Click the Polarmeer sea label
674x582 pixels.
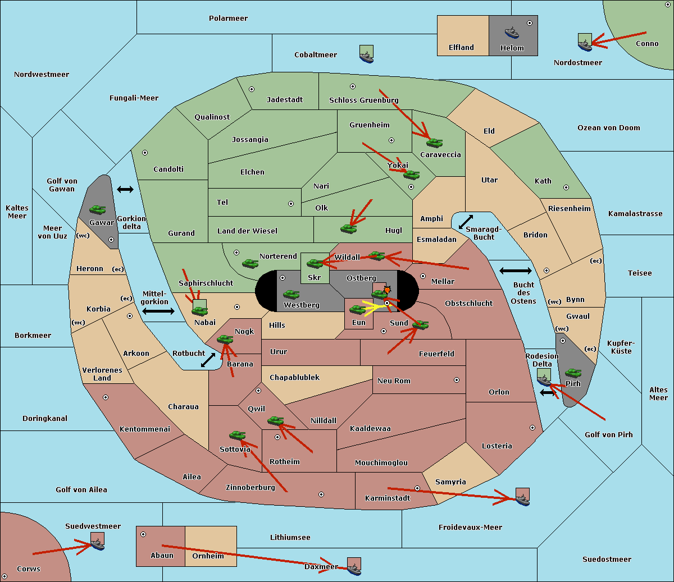(x=228, y=19)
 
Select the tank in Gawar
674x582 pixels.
(x=97, y=209)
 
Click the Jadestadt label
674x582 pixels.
(x=285, y=99)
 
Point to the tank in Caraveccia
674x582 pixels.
(x=434, y=143)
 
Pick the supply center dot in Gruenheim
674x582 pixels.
(x=391, y=140)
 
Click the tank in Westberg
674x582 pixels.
(x=291, y=294)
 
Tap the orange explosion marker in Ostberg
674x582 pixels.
(x=387, y=290)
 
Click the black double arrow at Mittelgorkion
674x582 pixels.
(x=158, y=311)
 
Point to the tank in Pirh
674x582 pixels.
(x=573, y=373)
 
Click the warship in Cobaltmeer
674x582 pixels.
(x=366, y=56)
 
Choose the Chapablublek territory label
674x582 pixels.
(x=294, y=377)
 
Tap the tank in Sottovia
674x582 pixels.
(x=237, y=435)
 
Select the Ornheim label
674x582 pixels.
(x=208, y=556)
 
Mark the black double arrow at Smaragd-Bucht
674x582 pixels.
(x=466, y=222)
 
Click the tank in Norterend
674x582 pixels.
(x=250, y=263)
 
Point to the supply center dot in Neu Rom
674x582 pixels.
(x=457, y=380)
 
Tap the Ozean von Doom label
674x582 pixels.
(x=608, y=128)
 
